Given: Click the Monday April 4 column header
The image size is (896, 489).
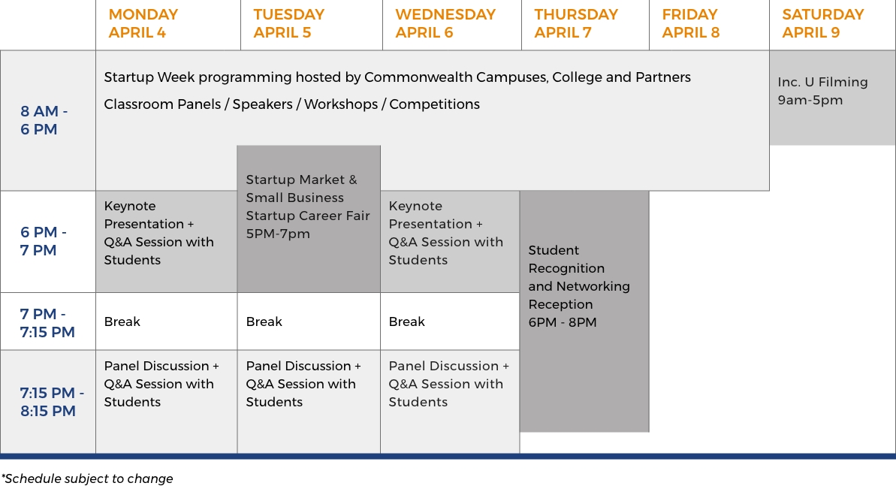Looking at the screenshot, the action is [x=143, y=23].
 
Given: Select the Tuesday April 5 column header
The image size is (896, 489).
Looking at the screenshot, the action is [x=288, y=23].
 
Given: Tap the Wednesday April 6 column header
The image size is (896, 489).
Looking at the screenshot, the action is [x=445, y=23].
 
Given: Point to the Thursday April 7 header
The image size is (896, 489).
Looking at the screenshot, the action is [x=576, y=23].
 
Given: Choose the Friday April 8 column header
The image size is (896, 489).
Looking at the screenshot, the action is [x=690, y=23].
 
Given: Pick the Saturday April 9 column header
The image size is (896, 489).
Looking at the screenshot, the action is [x=823, y=23].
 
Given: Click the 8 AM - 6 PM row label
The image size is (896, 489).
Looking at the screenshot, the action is [x=44, y=120].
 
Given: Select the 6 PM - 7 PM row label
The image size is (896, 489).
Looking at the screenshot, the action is [x=44, y=241].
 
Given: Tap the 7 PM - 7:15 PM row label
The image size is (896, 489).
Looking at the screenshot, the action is [x=47, y=323].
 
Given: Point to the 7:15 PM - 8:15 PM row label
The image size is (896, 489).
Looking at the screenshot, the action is [x=51, y=402].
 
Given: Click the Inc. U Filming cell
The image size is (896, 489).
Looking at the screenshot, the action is [x=833, y=98].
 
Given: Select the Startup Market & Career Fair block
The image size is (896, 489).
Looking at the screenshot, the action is [x=309, y=219].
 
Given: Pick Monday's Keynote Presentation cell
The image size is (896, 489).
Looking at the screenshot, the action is [x=166, y=242].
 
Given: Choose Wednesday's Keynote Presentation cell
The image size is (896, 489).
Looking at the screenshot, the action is [x=451, y=242].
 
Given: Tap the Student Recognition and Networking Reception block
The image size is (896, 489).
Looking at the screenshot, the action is [x=584, y=311].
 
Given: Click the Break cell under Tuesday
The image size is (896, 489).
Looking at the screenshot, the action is [x=309, y=321].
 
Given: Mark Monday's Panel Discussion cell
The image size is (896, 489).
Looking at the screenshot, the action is [x=166, y=402].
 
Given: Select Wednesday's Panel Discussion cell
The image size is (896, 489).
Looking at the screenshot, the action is [x=451, y=402].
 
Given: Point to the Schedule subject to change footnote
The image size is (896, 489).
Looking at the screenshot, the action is [x=87, y=478].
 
